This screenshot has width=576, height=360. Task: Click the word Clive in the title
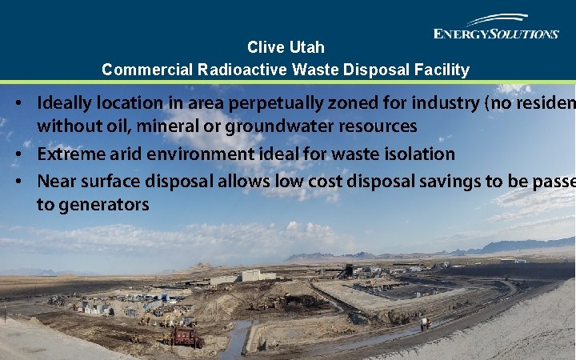tap(262, 47)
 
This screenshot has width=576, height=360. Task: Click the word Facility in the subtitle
tap(442, 70)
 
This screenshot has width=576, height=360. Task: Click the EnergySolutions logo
tap(496, 27)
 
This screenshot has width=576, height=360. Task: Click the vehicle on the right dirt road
tap(425, 323)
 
